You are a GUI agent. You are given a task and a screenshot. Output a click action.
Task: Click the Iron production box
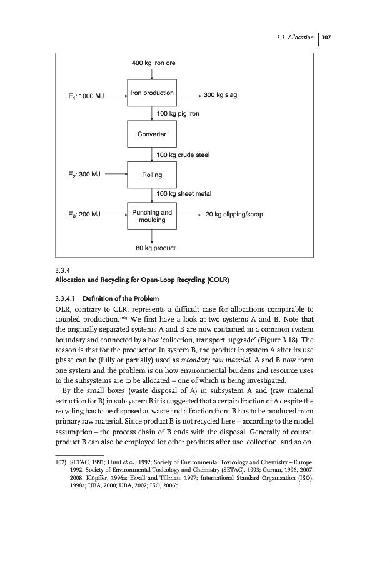[152, 94]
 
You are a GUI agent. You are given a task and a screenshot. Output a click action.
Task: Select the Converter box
[152, 134]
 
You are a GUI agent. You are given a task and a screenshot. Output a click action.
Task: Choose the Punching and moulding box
[152, 216]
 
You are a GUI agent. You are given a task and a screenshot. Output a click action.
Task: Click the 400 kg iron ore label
[153, 63]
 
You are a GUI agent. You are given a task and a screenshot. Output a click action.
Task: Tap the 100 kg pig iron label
[178, 114]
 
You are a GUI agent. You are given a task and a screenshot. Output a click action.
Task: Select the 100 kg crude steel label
[182, 154]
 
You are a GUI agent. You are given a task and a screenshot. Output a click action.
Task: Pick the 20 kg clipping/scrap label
[234, 215]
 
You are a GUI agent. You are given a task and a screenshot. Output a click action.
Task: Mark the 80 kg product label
[156, 248]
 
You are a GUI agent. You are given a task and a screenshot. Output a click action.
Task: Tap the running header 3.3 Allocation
[294, 38]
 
